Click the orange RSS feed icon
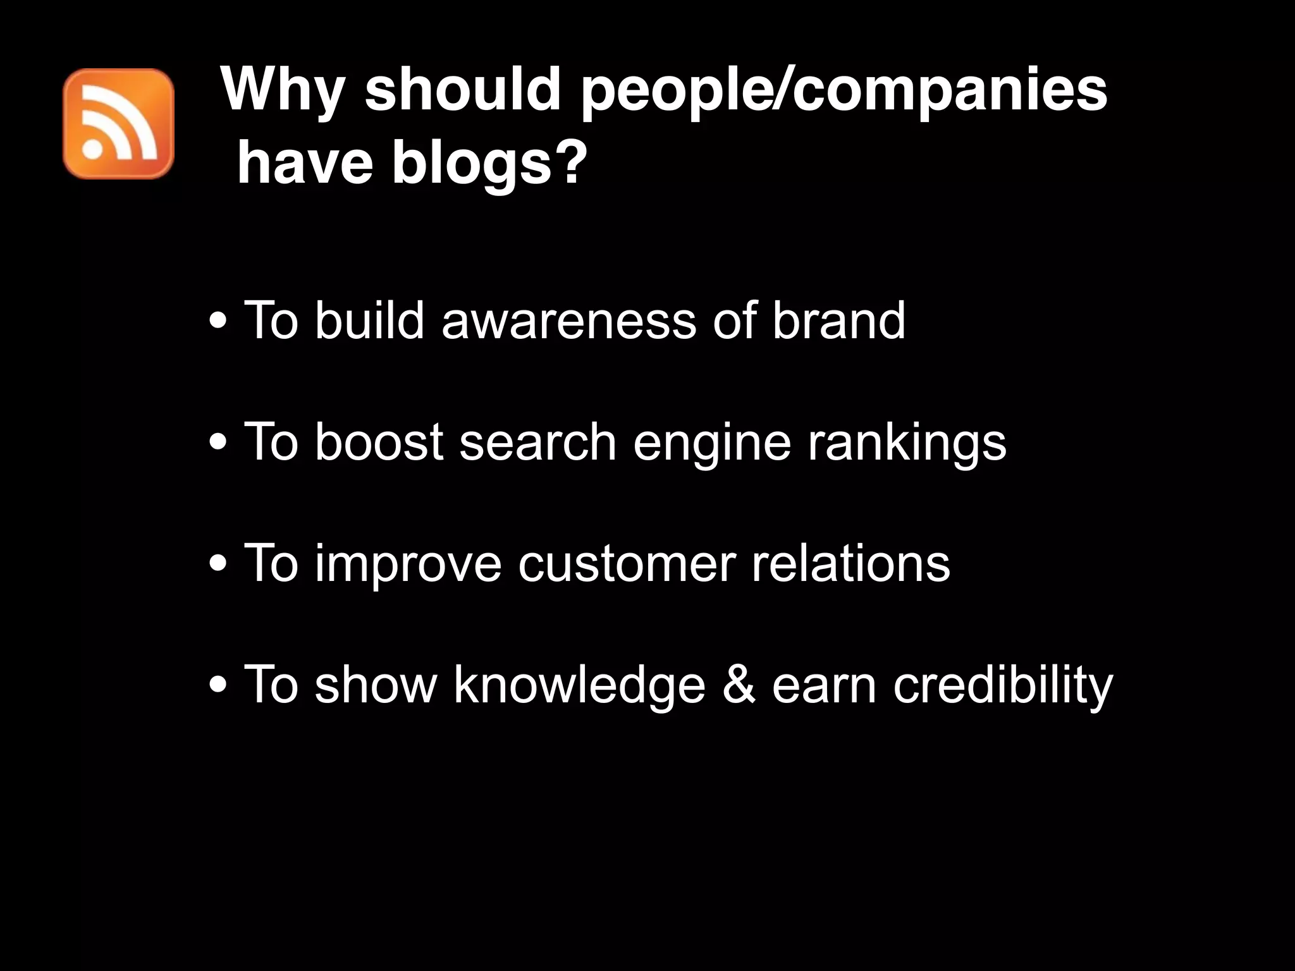pos(118,124)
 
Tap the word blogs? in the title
pos(486,164)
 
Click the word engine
pos(711,443)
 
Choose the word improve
pos(408,564)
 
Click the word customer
pos(627,564)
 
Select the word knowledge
pos(579,685)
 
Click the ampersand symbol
pos(738,684)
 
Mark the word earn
pos(824,685)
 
